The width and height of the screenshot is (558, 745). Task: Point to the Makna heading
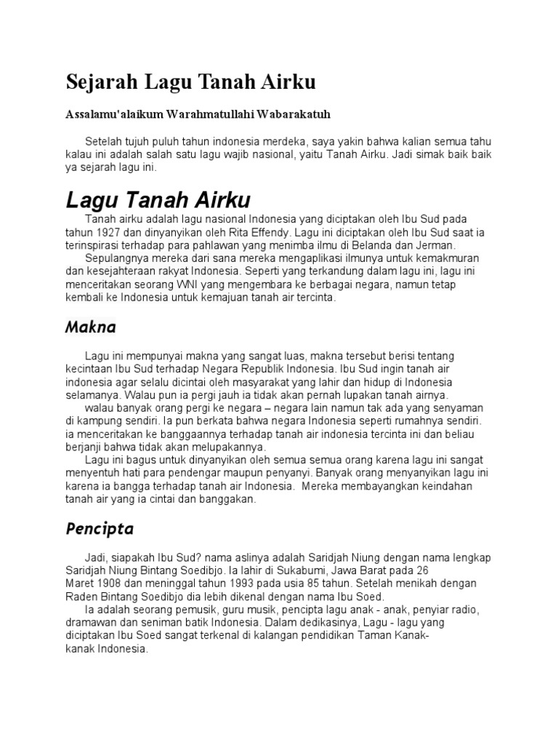click(x=90, y=327)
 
